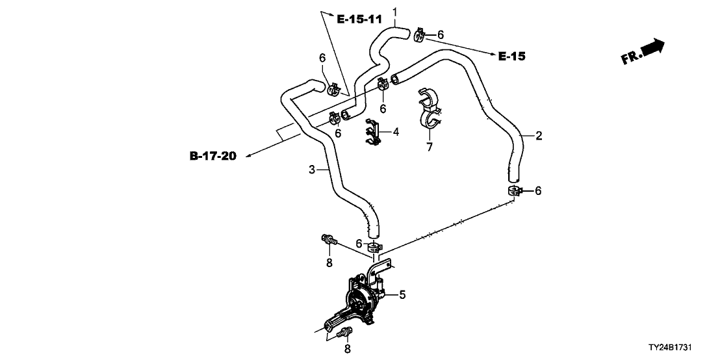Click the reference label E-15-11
pyautogui.click(x=358, y=19)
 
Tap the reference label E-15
pyautogui.click(x=511, y=57)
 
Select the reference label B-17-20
pyautogui.click(x=213, y=156)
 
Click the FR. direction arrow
pyautogui.click(x=643, y=52)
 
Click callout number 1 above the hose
pyautogui.click(x=394, y=10)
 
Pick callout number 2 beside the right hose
pyautogui.click(x=539, y=136)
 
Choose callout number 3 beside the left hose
pyautogui.click(x=312, y=170)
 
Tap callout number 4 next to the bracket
pyautogui.click(x=396, y=132)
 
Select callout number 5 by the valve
pyautogui.click(x=402, y=295)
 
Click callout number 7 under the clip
pyautogui.click(x=430, y=148)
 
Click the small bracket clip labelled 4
pyautogui.click(x=372, y=133)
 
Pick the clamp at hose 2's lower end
pyautogui.click(x=513, y=190)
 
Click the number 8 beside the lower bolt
pyautogui.click(x=348, y=349)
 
